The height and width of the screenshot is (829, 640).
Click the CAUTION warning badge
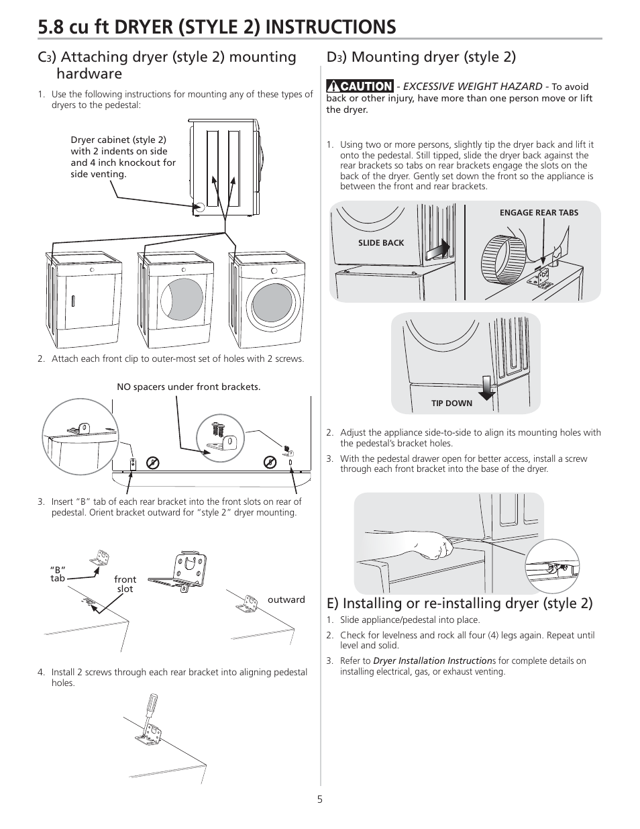click(360, 86)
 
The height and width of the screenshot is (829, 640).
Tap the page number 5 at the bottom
click(320, 799)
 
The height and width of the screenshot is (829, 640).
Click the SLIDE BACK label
click(381, 242)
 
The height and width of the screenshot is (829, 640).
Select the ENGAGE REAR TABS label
click(539, 213)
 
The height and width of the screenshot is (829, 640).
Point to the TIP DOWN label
click(451, 403)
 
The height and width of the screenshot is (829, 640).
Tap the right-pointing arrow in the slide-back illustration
click(437, 250)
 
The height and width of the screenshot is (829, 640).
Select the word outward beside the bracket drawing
click(286, 599)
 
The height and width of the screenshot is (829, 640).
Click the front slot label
click(125, 584)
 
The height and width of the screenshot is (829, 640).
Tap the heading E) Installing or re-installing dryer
click(460, 603)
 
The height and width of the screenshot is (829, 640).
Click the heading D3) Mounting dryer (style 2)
click(421, 56)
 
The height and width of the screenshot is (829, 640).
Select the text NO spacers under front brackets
click(189, 387)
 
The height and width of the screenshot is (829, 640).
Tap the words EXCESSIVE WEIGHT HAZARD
click(472, 86)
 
